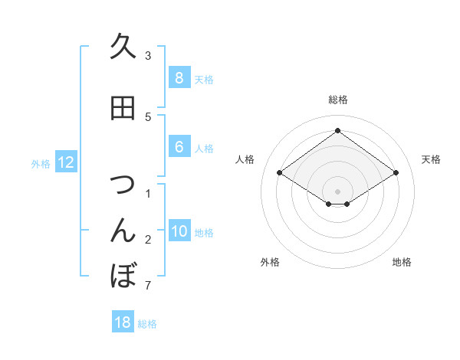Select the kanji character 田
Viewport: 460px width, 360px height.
click(123, 109)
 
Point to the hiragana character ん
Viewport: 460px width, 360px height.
click(123, 231)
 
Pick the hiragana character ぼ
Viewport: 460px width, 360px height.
click(123, 275)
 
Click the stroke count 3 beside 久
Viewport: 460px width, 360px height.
click(148, 55)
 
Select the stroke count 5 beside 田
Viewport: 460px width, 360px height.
click(148, 116)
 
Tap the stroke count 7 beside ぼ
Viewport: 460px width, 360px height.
click(148, 286)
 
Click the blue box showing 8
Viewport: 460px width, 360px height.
click(179, 78)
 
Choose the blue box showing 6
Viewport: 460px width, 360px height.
click(179, 148)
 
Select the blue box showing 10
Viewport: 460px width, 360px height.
click(179, 232)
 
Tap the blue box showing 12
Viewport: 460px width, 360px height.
click(66, 162)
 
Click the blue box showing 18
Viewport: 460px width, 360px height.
click(123, 322)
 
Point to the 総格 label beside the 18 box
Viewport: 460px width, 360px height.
click(147, 324)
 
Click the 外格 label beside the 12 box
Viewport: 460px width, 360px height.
click(41, 163)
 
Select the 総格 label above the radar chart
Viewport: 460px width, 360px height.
click(337, 100)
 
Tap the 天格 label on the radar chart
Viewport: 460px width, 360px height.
click(432, 159)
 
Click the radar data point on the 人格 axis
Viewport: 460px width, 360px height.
click(280, 173)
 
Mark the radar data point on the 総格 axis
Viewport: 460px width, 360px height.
click(337, 130)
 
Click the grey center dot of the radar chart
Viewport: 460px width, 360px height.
click(337, 191)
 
